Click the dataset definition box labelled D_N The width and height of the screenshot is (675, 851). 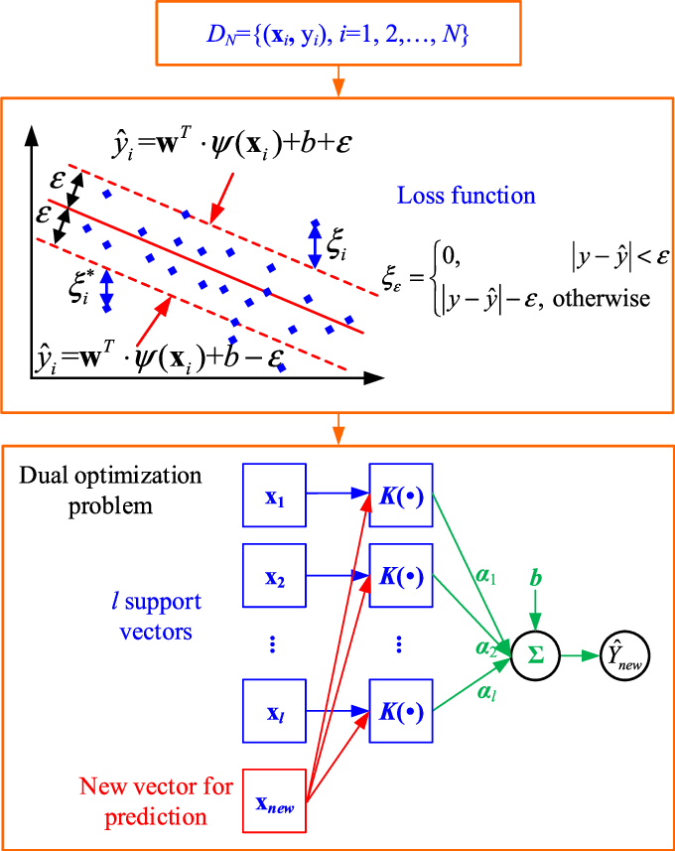338,36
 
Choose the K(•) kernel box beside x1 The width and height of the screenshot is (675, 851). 400,494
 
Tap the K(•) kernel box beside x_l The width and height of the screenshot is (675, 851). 400,712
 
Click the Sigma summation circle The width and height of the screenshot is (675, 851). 534,656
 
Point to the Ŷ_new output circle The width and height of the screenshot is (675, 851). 625,656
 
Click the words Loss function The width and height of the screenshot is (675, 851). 467,195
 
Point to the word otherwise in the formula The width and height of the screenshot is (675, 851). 601,298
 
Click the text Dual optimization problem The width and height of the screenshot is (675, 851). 111,491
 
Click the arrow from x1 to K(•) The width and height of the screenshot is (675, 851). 338,494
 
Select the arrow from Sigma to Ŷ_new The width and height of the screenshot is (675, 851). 578,656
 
